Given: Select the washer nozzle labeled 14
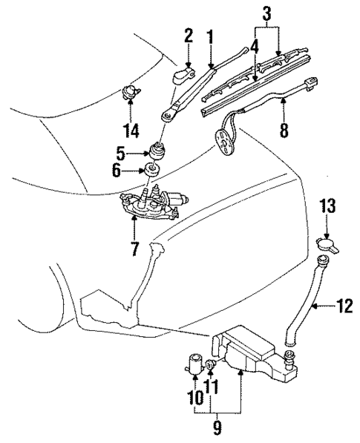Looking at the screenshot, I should pos(131,93).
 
